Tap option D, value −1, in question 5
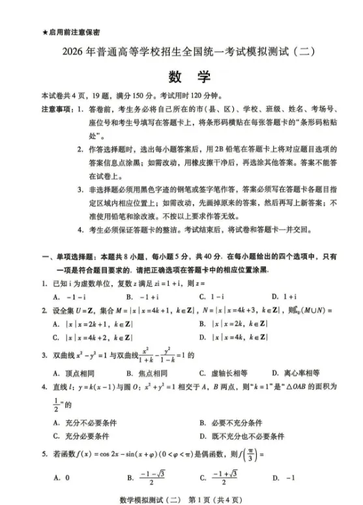coord(284,478)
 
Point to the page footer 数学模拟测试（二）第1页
coord(181,497)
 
